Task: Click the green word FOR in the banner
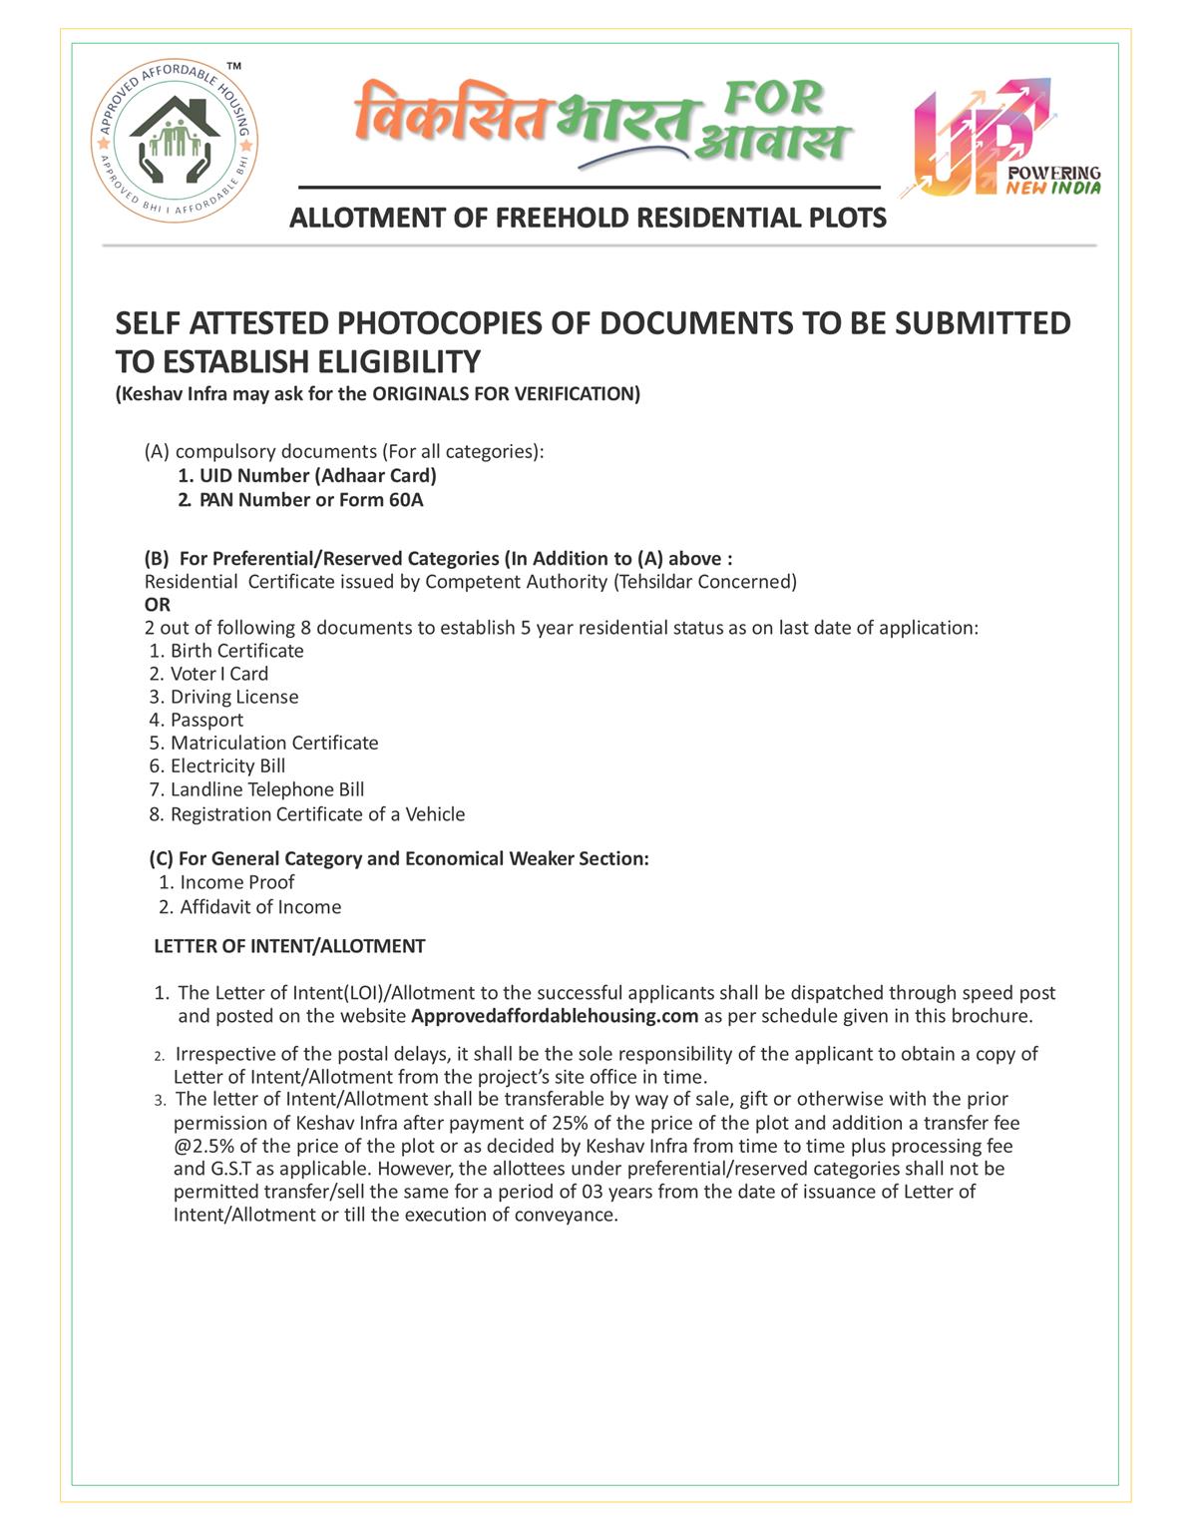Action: point(773,99)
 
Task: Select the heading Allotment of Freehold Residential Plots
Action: point(588,218)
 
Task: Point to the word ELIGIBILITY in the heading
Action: point(398,360)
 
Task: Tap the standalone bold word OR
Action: point(158,604)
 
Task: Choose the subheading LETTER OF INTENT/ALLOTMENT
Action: point(289,946)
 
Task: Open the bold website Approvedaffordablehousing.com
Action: point(555,1016)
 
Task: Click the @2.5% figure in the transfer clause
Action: point(203,1146)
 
